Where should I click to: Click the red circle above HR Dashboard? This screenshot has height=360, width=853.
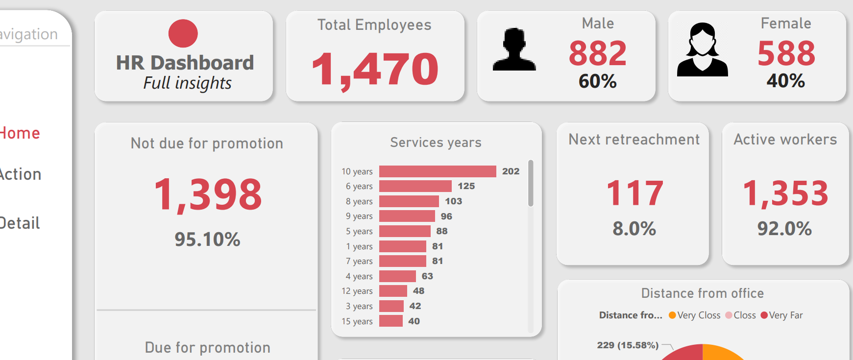pos(183,33)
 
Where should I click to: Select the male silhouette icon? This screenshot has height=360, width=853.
pos(514,49)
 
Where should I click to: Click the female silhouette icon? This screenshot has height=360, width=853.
pos(702,49)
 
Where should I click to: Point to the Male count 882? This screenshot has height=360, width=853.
pos(597,53)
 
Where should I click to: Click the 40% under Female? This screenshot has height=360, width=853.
pos(785,81)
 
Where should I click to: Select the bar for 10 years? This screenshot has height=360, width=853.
pos(438,171)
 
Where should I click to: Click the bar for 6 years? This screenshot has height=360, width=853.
pos(415,186)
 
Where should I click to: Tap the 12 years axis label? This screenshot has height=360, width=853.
pos(357,291)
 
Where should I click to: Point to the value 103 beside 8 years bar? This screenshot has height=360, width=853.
pos(453,201)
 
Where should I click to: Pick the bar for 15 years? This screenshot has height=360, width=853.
pos(390,321)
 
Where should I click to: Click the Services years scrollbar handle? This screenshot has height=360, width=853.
pos(531,183)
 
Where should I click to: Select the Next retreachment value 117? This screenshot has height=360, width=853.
pos(634,193)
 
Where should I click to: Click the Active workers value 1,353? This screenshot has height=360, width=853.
pos(785,193)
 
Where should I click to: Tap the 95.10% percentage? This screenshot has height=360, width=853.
pos(207,240)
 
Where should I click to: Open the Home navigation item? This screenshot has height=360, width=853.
pos(20,133)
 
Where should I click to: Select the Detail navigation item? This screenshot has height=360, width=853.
pos(20,223)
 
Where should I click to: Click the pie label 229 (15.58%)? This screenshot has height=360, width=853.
pos(628,345)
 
